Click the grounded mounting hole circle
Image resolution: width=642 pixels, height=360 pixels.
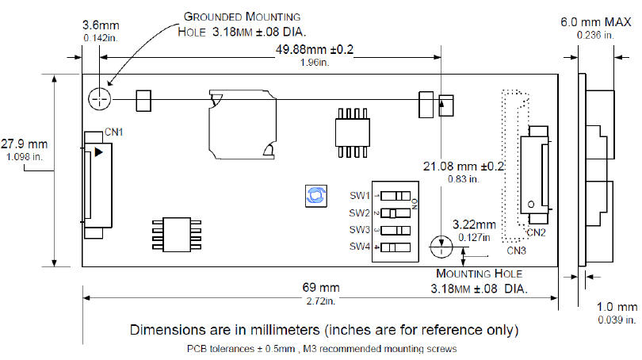(x=100, y=99)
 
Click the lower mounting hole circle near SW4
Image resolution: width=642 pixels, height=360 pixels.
(x=441, y=247)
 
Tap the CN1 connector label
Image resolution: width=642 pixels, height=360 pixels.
(x=114, y=132)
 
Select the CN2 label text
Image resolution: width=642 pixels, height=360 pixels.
(x=536, y=232)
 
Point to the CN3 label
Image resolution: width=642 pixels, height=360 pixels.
(x=516, y=251)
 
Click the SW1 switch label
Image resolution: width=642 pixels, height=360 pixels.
(x=360, y=196)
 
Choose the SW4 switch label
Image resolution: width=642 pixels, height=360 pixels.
(x=360, y=247)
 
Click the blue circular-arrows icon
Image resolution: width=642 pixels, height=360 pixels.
(x=316, y=196)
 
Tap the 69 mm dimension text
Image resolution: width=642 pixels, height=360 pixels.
(x=321, y=288)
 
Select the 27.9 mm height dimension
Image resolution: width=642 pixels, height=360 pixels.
(x=24, y=144)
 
